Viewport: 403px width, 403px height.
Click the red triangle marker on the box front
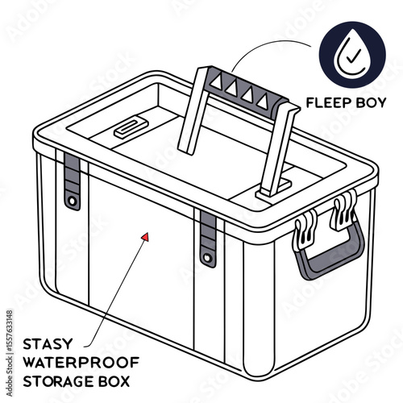145,236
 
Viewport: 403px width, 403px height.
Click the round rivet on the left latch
73,198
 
